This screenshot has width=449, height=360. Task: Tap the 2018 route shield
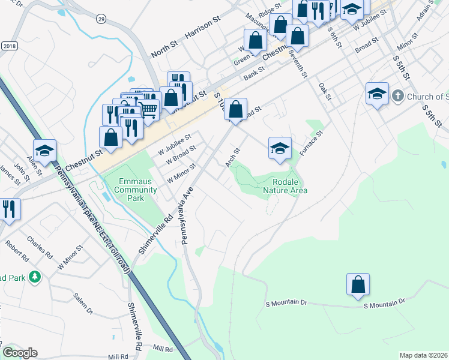click(x=9, y=46)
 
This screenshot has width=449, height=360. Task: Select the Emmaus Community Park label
click(x=131, y=186)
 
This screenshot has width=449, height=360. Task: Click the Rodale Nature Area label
click(x=285, y=186)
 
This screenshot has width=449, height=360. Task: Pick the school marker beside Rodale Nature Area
click(x=280, y=148)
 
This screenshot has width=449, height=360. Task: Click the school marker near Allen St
click(x=44, y=151)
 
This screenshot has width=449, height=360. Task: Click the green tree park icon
click(x=35, y=277)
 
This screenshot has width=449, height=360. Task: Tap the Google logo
click(x=20, y=353)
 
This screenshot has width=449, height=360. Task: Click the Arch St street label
click(x=232, y=158)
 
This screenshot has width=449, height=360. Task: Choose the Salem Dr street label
click(x=83, y=304)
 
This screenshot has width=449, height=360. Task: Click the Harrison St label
click(x=203, y=28)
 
